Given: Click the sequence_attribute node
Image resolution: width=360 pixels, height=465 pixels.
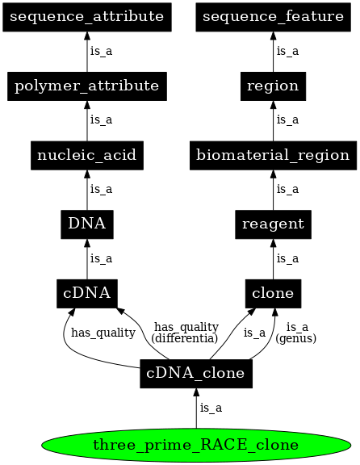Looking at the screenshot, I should coord(87,16).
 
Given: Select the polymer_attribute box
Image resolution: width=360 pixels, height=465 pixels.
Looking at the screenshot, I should coord(87,86).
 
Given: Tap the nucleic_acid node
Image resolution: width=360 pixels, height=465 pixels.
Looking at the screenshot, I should coord(87,154).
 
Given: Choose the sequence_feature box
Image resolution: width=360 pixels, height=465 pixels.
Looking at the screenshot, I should coord(273,16).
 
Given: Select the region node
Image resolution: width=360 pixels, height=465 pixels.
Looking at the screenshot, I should coord(273,86).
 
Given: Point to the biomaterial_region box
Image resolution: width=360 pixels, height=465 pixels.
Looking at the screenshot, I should coord(273,154).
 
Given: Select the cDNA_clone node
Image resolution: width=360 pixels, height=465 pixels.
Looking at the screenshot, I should coord(197,372).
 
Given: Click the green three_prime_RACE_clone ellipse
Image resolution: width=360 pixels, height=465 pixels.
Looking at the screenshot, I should coord(197,445).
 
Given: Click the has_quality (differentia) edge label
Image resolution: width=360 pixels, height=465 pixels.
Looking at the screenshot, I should coord(186,333).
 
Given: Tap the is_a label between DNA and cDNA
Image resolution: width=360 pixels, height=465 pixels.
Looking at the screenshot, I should coord(101,258).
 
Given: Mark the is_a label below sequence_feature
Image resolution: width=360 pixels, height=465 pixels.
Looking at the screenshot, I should coord(287,51).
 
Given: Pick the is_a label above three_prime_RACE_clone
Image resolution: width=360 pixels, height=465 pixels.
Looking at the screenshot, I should coord(211,408).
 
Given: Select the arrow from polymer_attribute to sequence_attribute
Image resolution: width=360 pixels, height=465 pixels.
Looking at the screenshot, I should coord(87,51).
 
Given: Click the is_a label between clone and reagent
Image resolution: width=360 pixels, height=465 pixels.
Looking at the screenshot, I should coord(287,258).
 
